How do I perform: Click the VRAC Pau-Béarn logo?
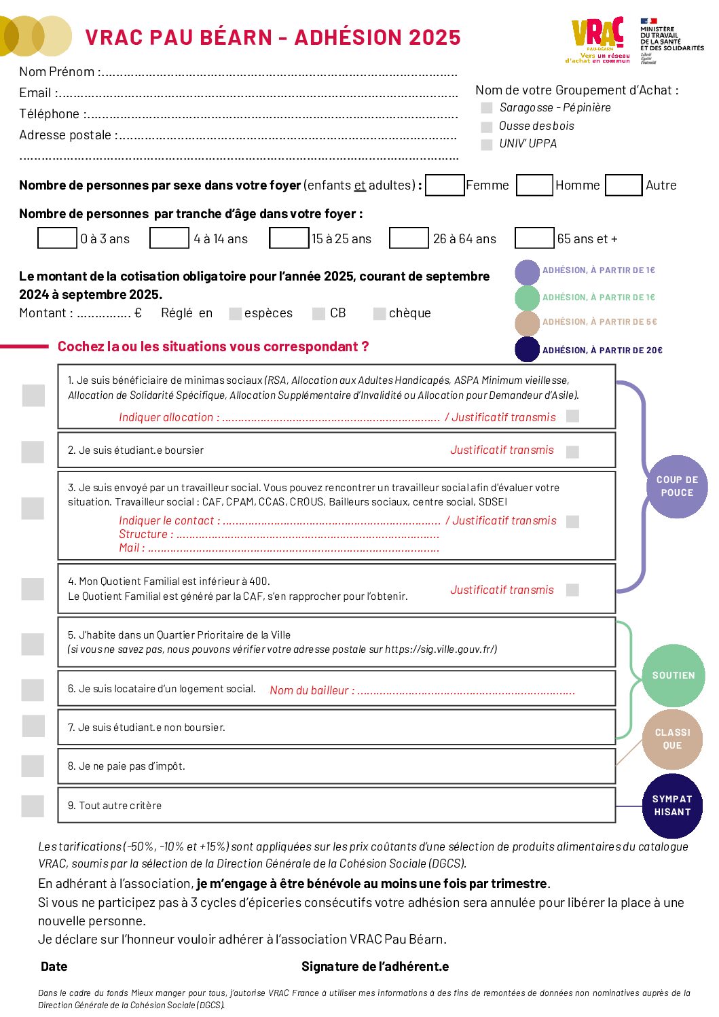tap(597, 39)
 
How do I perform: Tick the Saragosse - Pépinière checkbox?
tap(486, 108)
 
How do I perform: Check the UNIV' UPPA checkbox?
tap(486, 145)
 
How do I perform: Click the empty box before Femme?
tap(445, 185)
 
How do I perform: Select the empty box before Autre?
tap(623, 185)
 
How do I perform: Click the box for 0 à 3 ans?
tap(57, 238)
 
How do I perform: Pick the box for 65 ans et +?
tap(534, 238)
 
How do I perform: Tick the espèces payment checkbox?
tap(236, 313)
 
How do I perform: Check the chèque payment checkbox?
tap(380, 313)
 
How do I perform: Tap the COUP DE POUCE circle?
tap(676, 486)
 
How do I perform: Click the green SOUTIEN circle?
tap(673, 675)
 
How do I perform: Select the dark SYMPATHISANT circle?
tap(672, 806)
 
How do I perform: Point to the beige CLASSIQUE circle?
tap(672, 739)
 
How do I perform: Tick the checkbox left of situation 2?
tap(33, 452)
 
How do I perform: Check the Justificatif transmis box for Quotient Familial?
tap(572, 590)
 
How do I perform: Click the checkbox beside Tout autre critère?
tap(33, 806)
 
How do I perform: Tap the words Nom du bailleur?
tap(309, 690)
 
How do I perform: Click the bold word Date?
tap(54, 967)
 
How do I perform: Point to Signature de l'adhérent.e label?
tap(375, 967)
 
